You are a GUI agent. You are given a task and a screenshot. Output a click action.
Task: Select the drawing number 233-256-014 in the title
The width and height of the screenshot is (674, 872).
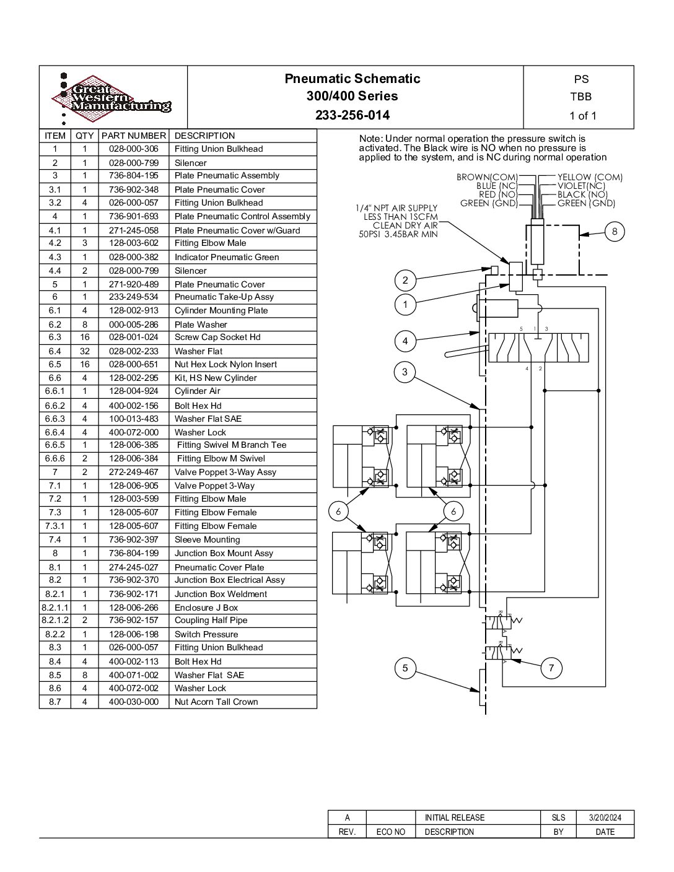pos(352,115)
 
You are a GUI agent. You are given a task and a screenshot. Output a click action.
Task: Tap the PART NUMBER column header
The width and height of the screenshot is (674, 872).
pos(133,136)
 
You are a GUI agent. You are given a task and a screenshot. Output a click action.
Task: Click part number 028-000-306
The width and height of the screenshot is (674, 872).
pos(133,149)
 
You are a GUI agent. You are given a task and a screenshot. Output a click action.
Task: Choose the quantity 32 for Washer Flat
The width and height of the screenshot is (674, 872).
pos(85,351)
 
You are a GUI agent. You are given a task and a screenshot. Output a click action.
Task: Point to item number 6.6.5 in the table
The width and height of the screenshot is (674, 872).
pos(55,445)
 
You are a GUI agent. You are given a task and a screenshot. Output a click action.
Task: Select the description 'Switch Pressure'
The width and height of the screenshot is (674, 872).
pos(206,634)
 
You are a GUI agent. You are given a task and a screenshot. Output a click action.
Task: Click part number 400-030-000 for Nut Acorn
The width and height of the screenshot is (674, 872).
pos(133,702)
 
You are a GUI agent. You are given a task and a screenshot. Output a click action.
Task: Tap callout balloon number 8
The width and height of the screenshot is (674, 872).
pos(615,232)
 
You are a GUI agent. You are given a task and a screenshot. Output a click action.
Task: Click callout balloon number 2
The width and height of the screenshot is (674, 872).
pos(405,280)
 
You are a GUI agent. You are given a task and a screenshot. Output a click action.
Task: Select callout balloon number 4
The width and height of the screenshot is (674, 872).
pos(405,341)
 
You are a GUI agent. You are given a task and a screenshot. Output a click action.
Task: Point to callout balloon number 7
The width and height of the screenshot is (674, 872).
pos(551,668)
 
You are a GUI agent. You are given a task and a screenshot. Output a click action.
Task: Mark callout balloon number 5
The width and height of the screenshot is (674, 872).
pos(405,668)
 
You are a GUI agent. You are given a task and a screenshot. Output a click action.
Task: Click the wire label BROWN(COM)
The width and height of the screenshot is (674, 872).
pos(487,177)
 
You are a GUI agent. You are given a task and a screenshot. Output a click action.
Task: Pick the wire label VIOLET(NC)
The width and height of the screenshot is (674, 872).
pos(581,186)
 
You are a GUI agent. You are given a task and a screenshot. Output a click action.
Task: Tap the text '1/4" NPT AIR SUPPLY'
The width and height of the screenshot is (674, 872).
pos(396,208)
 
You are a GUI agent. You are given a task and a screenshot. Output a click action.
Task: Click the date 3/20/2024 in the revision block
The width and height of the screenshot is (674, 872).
pos(605,817)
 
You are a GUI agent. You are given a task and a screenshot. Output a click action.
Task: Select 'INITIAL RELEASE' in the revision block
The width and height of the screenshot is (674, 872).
pos(455,817)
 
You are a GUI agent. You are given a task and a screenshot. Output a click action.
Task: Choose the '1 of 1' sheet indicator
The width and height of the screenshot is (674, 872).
pos(582,116)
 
